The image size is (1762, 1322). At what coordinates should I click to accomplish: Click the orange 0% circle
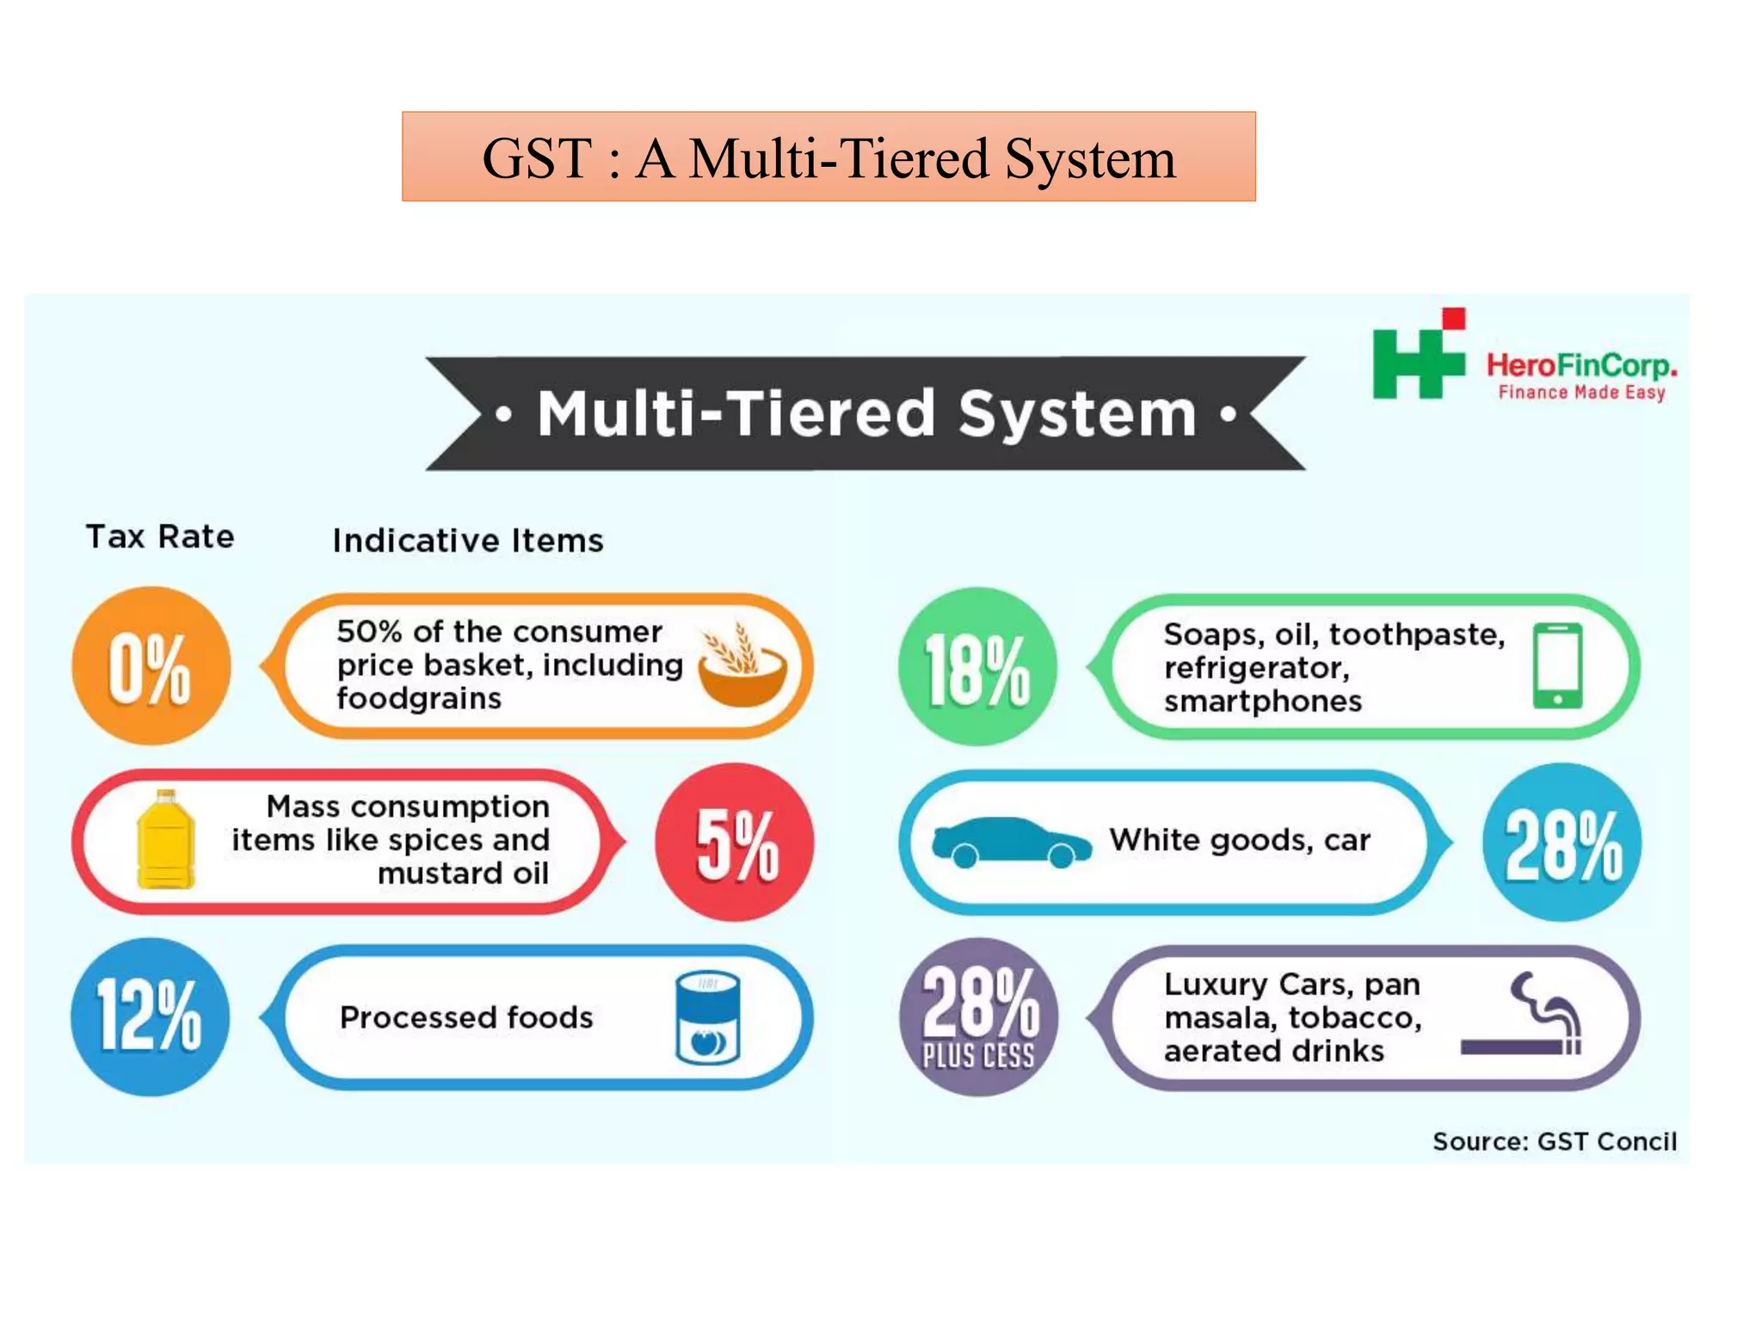[151, 665]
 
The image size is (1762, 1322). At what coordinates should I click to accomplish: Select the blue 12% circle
[151, 1016]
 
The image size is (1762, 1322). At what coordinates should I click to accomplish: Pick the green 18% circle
[977, 665]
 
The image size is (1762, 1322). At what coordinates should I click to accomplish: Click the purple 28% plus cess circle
[978, 1016]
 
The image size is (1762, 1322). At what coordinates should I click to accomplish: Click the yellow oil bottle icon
[165, 839]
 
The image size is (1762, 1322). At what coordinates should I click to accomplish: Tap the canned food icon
[707, 1017]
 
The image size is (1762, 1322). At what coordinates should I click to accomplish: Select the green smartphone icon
[1557, 665]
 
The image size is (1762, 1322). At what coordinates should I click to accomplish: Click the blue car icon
[1010, 842]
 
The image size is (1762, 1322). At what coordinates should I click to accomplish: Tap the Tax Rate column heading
[160, 536]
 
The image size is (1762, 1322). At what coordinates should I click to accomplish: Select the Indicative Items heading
[468, 541]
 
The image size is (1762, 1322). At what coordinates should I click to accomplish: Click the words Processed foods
[466, 1017]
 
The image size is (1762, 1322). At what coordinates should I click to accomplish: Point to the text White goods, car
[1239, 839]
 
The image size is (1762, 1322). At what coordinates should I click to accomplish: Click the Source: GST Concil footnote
[1554, 1141]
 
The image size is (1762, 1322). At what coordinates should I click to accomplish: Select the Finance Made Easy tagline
[1581, 392]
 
